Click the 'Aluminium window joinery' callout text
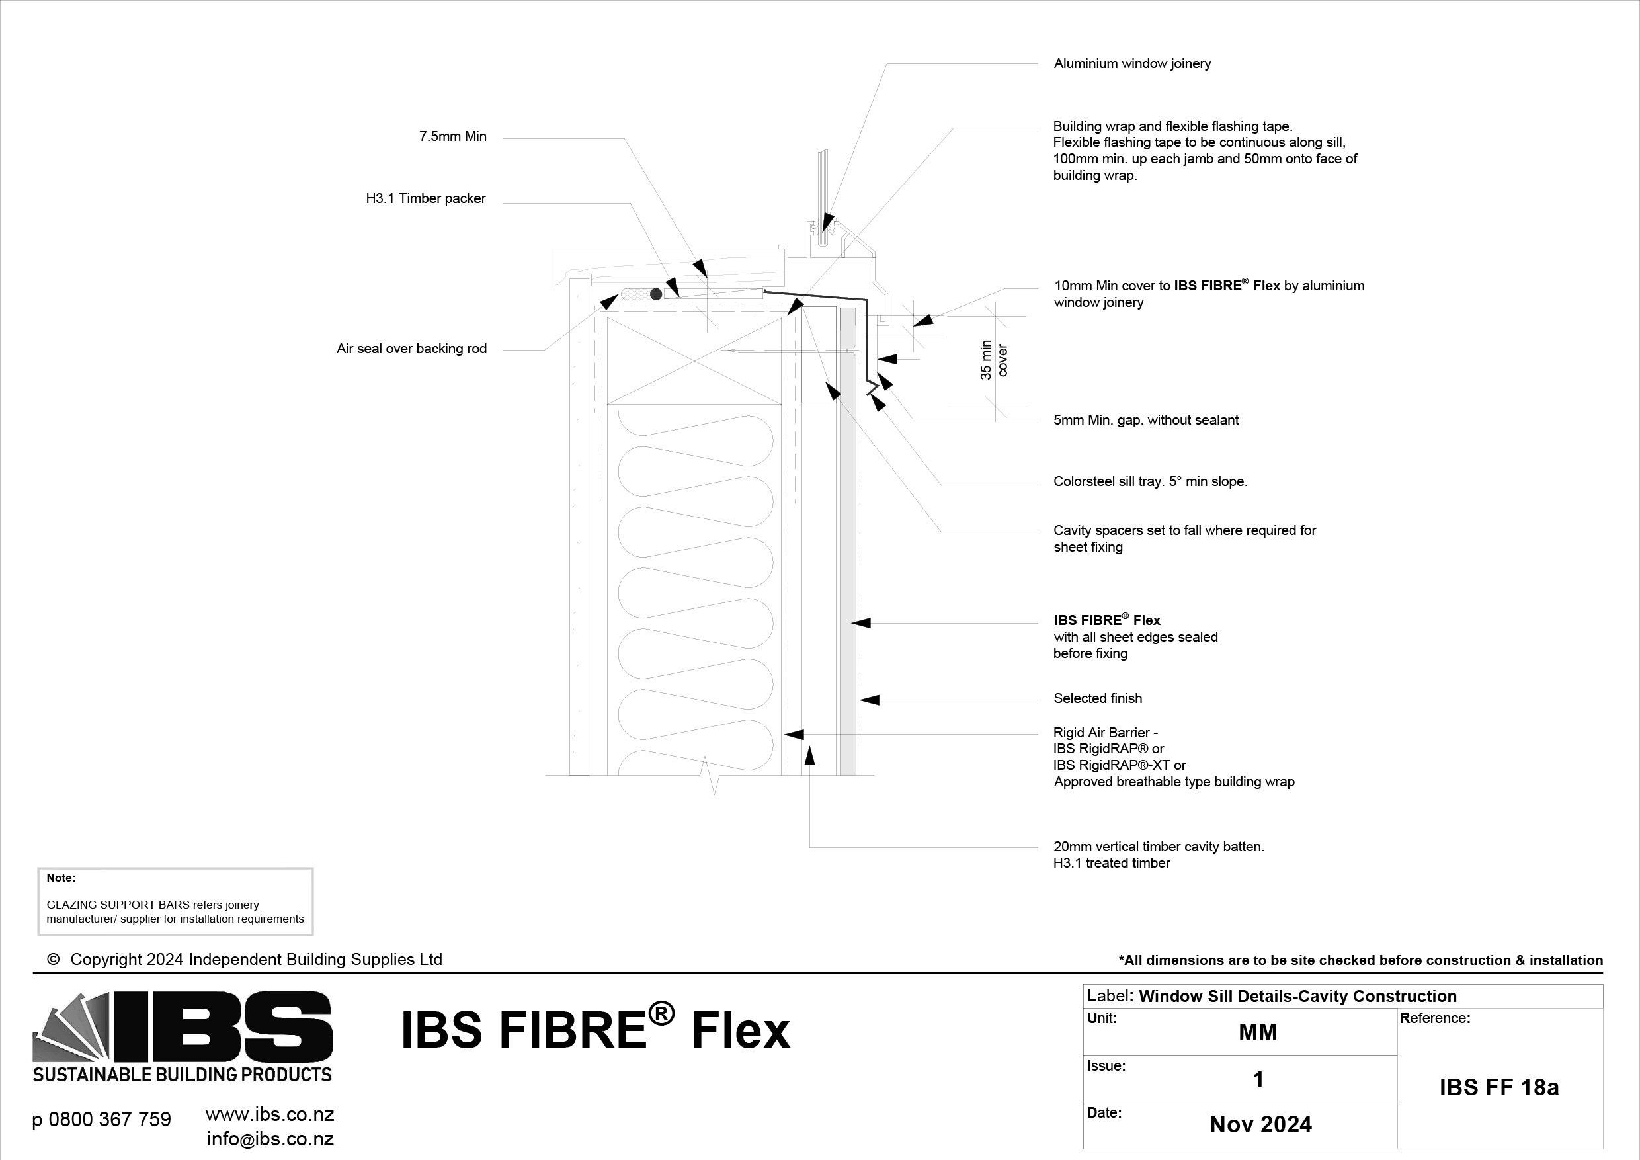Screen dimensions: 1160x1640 pyautogui.click(x=1132, y=63)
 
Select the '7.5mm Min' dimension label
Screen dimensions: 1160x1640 pyautogui.click(x=452, y=136)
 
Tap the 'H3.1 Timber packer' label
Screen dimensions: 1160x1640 pyautogui.click(x=426, y=198)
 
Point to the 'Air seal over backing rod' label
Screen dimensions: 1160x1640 pyautogui.click(x=411, y=349)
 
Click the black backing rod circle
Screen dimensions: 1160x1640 pyautogui.click(x=656, y=294)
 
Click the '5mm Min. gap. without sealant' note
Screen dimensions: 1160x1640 pyautogui.click(x=1146, y=420)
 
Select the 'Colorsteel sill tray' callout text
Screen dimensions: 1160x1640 pyautogui.click(x=1150, y=481)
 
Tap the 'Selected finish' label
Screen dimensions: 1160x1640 pyautogui.click(x=1097, y=698)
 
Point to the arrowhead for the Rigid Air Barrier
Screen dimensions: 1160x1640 pyautogui.click(x=794, y=734)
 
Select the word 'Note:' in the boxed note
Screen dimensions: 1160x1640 pyautogui.click(x=61, y=878)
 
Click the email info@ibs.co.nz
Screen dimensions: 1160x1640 pyautogui.click(x=270, y=1139)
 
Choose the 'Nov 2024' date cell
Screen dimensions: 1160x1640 pyautogui.click(x=1260, y=1124)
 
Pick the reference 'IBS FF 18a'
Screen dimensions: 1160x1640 pyautogui.click(x=1498, y=1087)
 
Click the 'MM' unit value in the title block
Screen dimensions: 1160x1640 pyautogui.click(x=1257, y=1032)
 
